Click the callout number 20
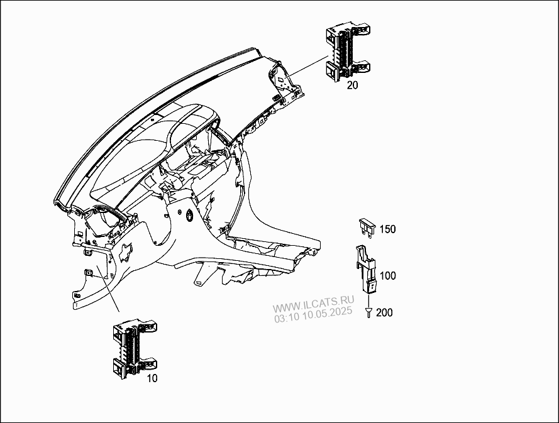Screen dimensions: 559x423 352,85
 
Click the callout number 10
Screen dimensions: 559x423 152,378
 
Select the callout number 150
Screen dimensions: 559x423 387,229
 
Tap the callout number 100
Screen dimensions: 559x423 387,276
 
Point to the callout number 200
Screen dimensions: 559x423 384,312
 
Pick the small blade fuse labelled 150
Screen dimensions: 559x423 367,228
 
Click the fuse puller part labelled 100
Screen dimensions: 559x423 365,269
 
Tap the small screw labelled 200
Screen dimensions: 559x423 368,313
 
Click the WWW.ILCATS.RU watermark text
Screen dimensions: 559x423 313,302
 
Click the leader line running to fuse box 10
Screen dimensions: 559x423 108,288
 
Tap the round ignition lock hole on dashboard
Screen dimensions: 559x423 189,215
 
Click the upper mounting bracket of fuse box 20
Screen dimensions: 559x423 360,30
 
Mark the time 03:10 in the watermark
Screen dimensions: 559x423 287,318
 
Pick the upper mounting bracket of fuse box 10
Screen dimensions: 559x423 146,327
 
